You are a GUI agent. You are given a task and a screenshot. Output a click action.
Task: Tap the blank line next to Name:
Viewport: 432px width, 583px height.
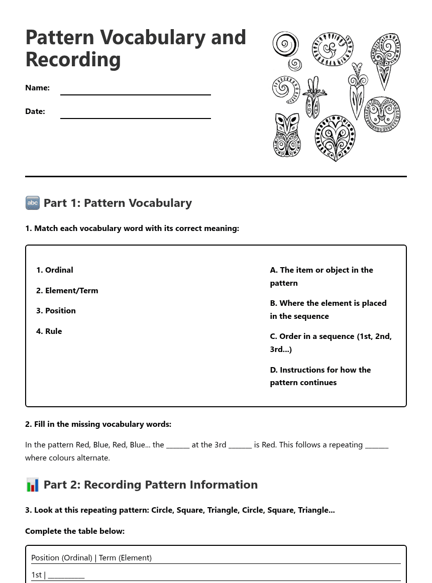coord(135,90)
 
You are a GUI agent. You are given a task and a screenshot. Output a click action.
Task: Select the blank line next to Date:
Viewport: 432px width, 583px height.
coord(135,114)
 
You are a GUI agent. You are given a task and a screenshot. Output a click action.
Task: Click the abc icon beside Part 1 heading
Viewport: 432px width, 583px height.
coord(33,203)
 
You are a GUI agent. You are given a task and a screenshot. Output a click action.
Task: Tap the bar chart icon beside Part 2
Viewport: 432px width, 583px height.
coord(33,485)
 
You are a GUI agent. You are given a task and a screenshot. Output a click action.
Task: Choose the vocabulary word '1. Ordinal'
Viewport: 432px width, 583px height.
coord(55,270)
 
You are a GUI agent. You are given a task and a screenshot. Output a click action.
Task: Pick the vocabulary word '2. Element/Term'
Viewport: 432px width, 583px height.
coord(67,291)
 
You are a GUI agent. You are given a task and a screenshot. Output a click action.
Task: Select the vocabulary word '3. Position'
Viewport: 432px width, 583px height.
coord(56,311)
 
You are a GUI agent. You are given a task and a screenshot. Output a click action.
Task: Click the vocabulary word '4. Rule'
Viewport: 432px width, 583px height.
coord(49,331)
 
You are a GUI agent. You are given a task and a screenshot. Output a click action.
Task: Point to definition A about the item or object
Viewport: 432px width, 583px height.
coord(321,276)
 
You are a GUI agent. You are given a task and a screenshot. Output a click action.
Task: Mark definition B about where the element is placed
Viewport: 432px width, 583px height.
coord(328,309)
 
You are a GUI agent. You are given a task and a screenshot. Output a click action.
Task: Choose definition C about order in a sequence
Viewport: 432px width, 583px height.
coord(331,342)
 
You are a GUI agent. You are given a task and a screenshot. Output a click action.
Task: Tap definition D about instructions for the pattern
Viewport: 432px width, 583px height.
coord(320,376)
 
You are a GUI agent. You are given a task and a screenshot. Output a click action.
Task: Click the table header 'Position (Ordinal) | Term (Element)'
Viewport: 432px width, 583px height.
coord(91,558)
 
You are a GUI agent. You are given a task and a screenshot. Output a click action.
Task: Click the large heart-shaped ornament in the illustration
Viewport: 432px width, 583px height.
coord(335,138)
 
